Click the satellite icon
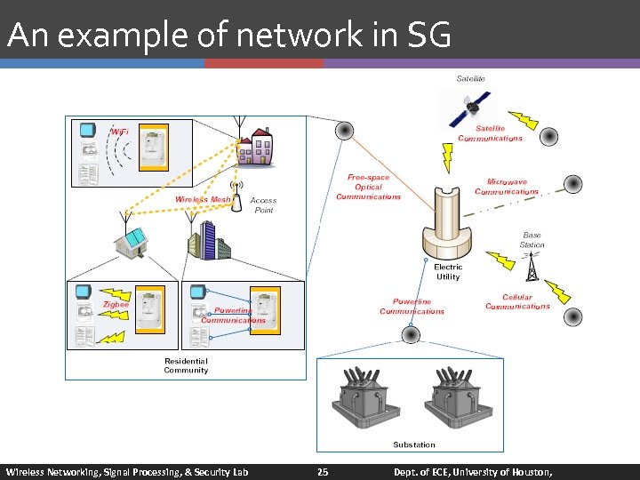pyautogui.click(x=469, y=108)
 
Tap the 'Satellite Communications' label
pyautogui.click(x=491, y=133)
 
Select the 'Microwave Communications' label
pyautogui.click(x=507, y=187)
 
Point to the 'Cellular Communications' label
pyautogui.click(x=517, y=302)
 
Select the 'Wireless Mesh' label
pyautogui.click(x=203, y=200)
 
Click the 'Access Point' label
pyautogui.click(x=263, y=205)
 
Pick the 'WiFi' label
pyautogui.click(x=120, y=132)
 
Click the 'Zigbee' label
pyautogui.click(x=116, y=304)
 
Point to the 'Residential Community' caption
pyautogui.click(x=186, y=365)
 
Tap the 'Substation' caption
pyautogui.click(x=414, y=444)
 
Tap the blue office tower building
pyautogui.click(x=204, y=239)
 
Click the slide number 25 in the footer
pyautogui.click(x=323, y=472)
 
